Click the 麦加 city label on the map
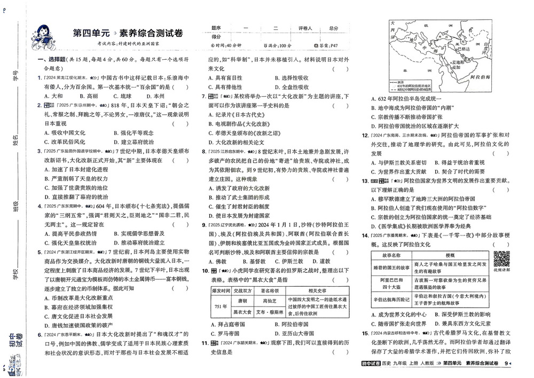tap(456, 67)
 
